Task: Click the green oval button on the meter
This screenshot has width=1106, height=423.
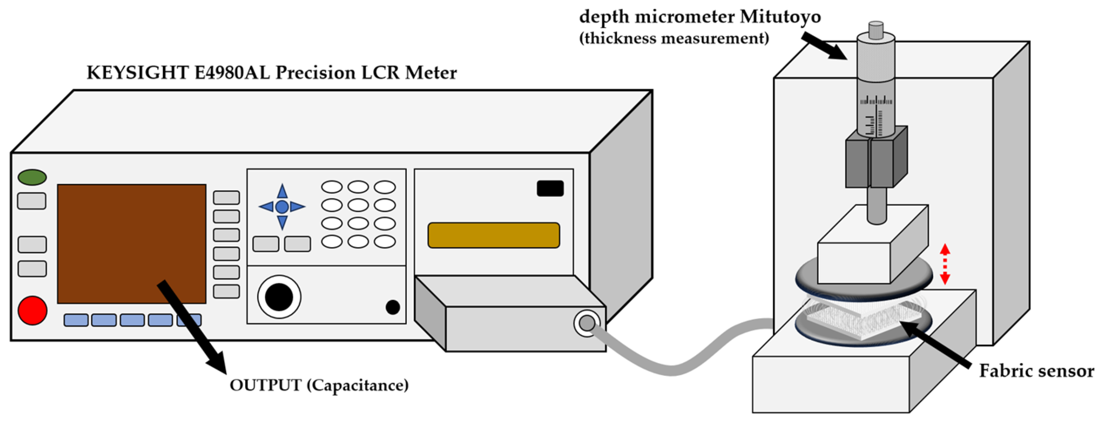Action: click(x=32, y=177)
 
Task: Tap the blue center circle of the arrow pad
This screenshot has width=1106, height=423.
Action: click(x=282, y=207)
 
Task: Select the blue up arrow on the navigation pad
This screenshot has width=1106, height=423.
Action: click(x=282, y=192)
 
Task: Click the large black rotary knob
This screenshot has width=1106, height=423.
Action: click(x=279, y=297)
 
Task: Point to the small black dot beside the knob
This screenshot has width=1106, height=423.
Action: click(x=392, y=307)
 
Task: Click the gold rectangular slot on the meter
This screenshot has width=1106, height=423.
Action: click(x=493, y=235)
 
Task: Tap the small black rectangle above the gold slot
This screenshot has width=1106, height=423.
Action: click(x=550, y=188)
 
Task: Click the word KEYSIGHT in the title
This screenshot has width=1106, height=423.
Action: click(x=137, y=73)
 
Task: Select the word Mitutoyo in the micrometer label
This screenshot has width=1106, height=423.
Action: click(x=780, y=17)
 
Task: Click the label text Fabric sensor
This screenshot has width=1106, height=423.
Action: click(x=1036, y=371)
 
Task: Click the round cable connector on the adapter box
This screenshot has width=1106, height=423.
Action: click(x=587, y=323)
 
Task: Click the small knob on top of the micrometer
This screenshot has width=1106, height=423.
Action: click(x=876, y=30)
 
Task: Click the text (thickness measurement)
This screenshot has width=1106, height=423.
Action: click(x=674, y=39)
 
